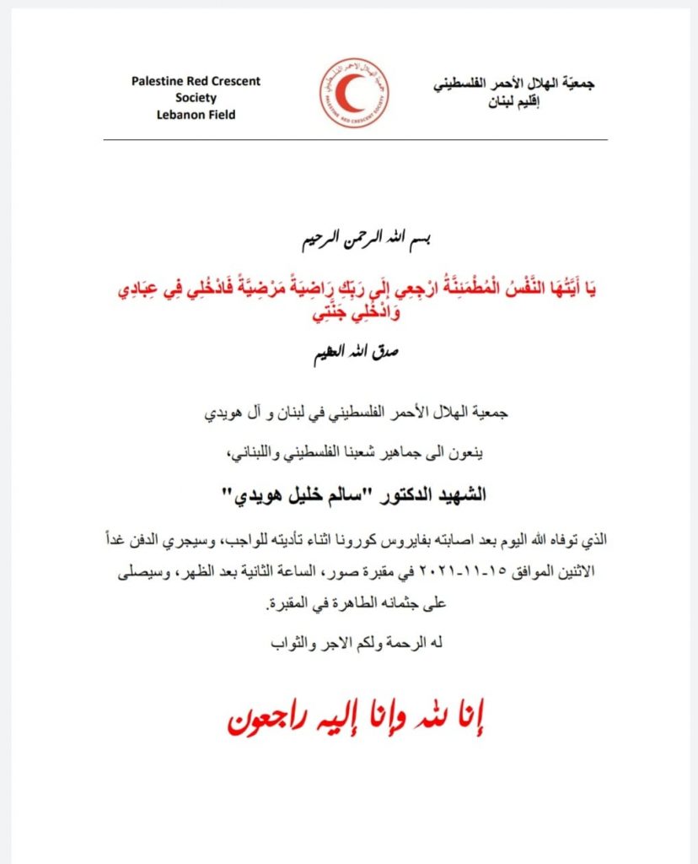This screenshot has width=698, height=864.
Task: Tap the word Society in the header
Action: pos(196,98)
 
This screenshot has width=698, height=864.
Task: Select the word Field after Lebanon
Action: pos(218,114)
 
